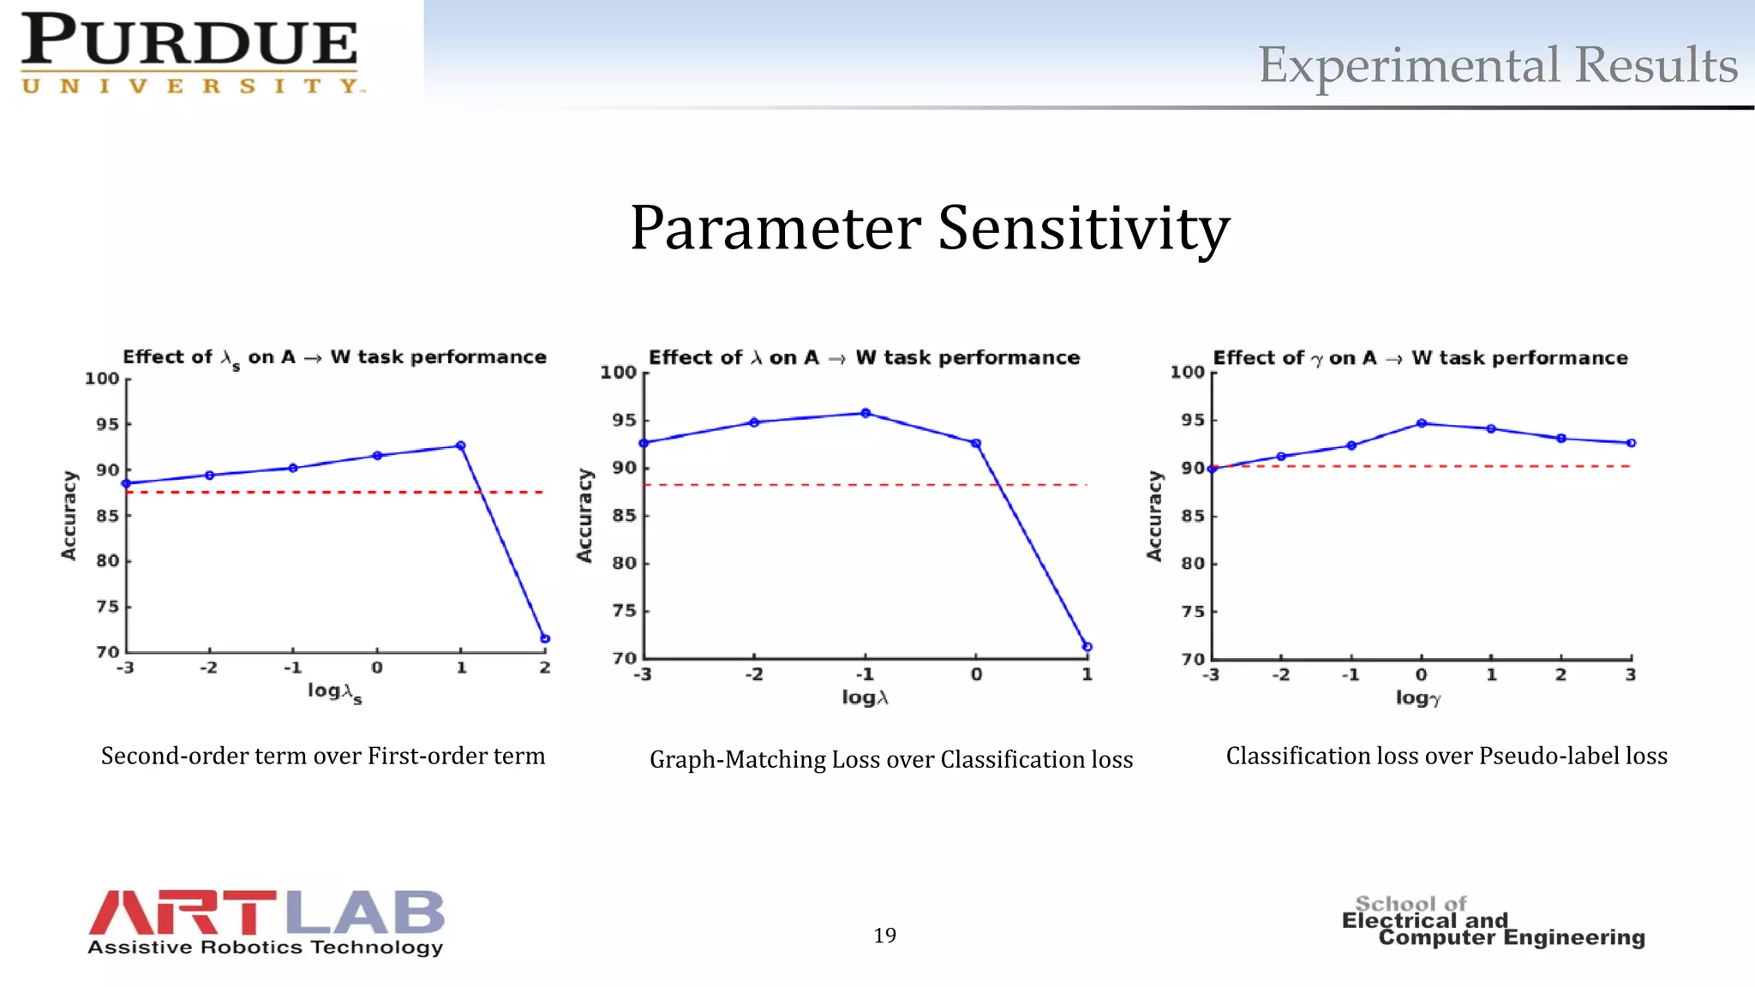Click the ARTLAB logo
point(266,922)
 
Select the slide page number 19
point(884,936)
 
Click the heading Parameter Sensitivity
point(930,228)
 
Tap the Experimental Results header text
point(1496,65)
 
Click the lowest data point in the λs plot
point(545,638)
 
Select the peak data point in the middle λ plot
point(866,413)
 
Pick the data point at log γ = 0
point(1422,423)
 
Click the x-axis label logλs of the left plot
point(334,692)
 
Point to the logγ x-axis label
point(1418,697)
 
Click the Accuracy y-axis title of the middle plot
point(584,515)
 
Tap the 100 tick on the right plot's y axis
point(1188,372)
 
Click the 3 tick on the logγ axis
point(1631,675)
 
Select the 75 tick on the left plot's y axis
point(107,607)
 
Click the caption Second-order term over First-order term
point(323,756)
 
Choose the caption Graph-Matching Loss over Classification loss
point(891,759)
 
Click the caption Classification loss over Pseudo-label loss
point(1447,756)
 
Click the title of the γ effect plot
point(1420,358)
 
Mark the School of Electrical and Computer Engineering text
point(1493,922)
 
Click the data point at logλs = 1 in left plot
point(461,446)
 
